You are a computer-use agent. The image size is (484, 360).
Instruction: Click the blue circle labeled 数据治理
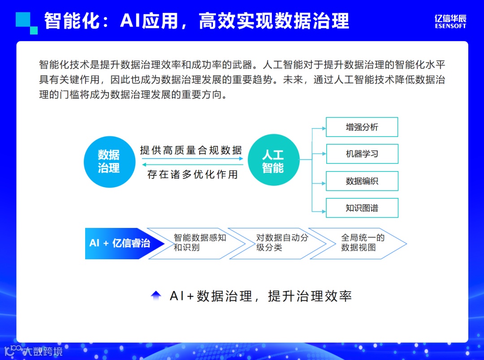109,162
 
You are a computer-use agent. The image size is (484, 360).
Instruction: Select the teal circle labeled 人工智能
273,162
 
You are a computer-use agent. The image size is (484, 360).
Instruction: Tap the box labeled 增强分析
362,127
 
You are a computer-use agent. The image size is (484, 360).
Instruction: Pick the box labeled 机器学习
362,154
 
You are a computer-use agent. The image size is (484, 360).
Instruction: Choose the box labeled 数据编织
362,181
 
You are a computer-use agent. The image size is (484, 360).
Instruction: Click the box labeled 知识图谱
362,208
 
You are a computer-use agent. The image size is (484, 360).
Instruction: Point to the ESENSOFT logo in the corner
450,21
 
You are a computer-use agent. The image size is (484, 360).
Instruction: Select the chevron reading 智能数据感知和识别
197,243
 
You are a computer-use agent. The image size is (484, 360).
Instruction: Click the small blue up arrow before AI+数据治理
156,295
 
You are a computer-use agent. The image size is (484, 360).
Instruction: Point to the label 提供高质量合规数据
191,150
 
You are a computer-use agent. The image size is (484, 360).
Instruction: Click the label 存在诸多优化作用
193,174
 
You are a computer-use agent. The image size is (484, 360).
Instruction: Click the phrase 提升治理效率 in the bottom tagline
310,296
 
